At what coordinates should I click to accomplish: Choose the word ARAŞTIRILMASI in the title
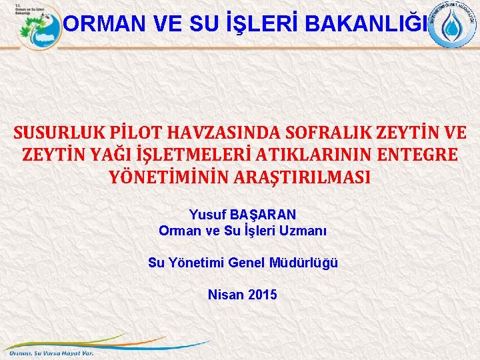click(305, 177)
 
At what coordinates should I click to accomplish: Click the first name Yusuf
click(207, 215)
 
